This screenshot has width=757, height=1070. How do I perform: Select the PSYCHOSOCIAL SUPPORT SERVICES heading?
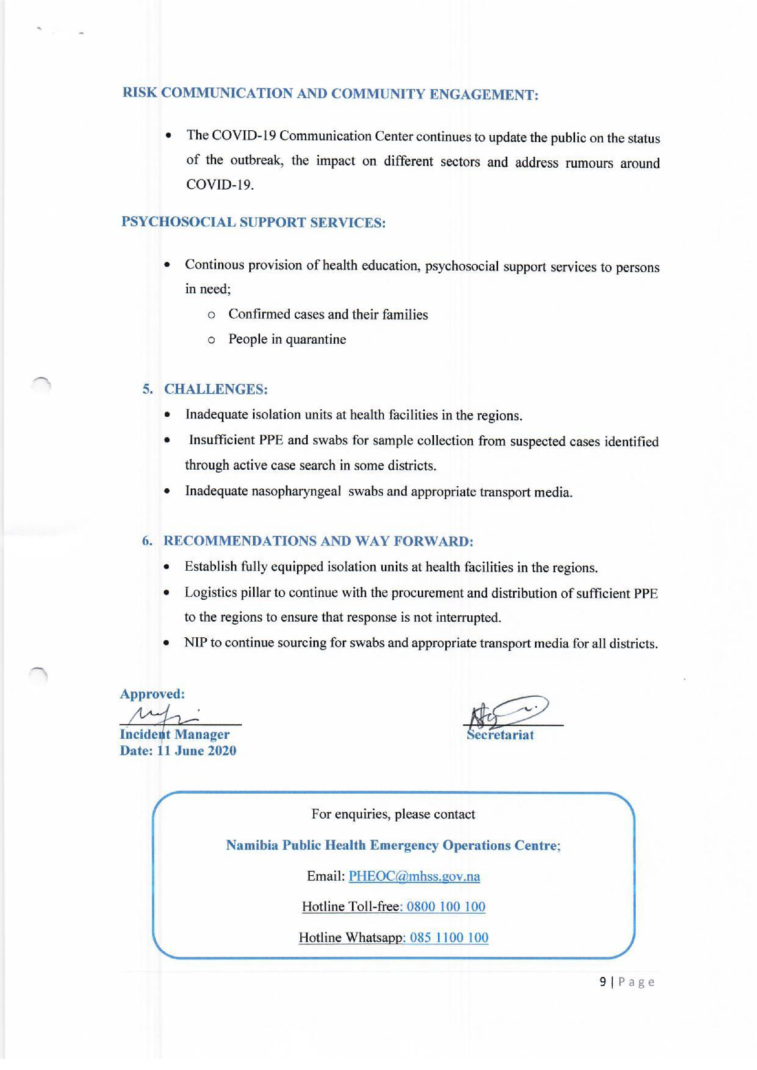coord(253,222)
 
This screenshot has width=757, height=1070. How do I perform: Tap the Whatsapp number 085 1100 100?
coord(449,937)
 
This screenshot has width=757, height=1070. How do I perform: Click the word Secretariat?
coord(500,735)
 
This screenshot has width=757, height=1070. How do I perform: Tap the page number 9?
coord(603,982)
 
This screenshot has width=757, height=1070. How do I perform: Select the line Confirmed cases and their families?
coord(328,314)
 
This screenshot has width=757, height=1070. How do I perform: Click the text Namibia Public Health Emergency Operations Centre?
coord(393,845)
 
